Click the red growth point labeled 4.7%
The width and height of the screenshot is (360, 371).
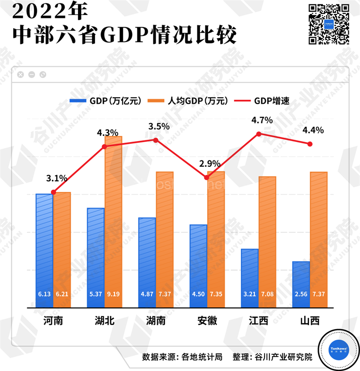258,134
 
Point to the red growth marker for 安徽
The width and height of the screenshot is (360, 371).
207,177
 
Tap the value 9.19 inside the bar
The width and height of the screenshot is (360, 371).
113,295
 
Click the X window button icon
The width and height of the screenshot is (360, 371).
20,74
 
